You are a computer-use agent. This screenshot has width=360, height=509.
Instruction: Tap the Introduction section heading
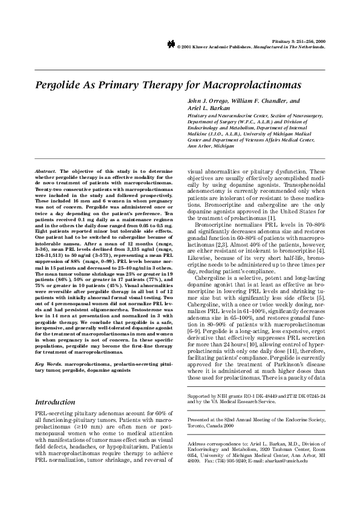point(55,368)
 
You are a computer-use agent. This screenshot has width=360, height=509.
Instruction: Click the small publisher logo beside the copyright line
point(171,45)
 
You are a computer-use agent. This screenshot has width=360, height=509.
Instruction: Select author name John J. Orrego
point(211,99)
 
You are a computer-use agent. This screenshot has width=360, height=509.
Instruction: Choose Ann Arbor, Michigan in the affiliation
point(211,146)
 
